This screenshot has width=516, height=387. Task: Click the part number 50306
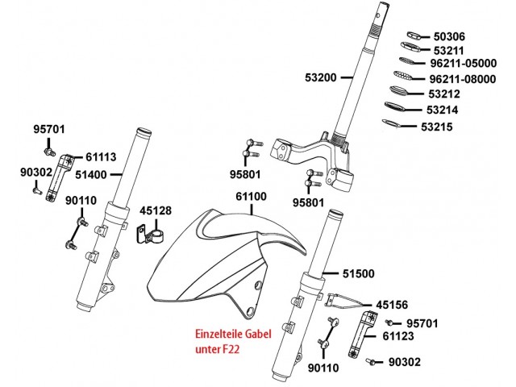point(449,37)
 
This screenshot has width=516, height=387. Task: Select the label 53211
point(449,51)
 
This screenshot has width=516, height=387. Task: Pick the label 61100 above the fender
point(251,196)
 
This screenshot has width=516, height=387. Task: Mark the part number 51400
point(91,173)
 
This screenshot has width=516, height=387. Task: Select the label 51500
point(358,274)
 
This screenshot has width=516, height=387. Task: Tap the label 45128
point(156,210)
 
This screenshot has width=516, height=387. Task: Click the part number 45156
point(394,305)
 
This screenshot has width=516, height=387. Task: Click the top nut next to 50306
point(415,36)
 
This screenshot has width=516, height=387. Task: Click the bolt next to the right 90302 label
point(371,362)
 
